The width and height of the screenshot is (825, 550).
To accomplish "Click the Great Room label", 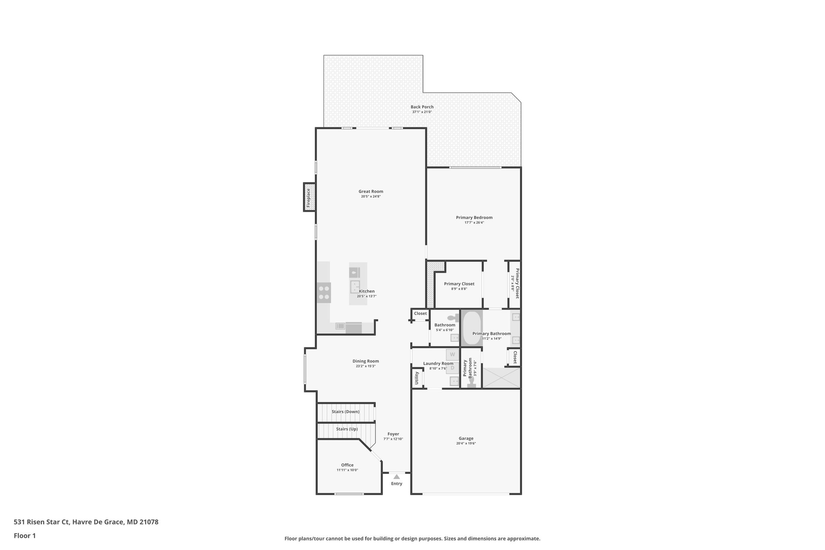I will tap(371, 191).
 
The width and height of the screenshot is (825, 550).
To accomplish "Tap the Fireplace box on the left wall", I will tap(309, 197).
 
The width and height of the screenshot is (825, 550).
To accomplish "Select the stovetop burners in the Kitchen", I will tap(324, 293).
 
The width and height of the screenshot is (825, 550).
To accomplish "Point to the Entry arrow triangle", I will tap(396, 477).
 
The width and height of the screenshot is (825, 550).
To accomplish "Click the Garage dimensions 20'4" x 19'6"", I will tap(466, 443).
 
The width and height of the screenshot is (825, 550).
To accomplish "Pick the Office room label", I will tap(347, 465).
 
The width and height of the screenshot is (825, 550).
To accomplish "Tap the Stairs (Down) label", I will tap(345, 412).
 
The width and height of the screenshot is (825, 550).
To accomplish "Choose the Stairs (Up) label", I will tap(347, 429).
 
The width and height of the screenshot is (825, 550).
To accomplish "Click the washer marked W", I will tap(452, 355).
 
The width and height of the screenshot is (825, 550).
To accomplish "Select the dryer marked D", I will tap(452, 368).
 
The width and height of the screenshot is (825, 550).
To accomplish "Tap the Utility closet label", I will tap(417, 378).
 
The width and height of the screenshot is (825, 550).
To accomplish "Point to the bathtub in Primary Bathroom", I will tap(471, 328).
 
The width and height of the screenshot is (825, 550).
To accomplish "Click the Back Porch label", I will tap(422, 107).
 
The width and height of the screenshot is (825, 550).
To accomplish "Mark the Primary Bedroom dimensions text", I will tap(474, 222).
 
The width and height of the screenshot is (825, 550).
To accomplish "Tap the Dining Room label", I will tap(366, 361).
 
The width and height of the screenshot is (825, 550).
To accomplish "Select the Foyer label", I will tap(393, 434).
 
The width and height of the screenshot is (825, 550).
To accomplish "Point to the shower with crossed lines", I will tap(501, 378).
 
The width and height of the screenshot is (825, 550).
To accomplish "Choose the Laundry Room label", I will tap(438, 363).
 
